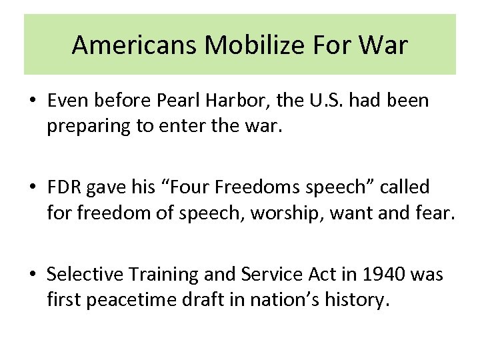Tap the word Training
[159, 274]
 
